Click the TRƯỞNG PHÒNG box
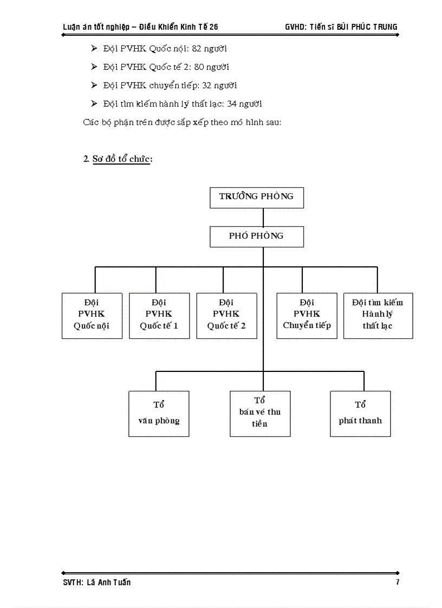coord(257,197)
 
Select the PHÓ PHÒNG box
coord(257,237)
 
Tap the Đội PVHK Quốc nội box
coord(92,316)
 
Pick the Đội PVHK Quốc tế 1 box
coord(159,316)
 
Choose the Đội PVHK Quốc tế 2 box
coord(226,316)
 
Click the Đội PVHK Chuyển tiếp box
coord(307,316)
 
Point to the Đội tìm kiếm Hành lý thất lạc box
coord(378,316)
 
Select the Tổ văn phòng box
coord(159,414)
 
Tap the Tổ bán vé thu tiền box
coord(260,414)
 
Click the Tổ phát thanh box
coord(360,414)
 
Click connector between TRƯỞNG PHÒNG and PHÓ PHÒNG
coord(263,217)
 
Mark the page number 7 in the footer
coord(398,583)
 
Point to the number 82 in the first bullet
coord(197,49)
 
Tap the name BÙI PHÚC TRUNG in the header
coord(368,27)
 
